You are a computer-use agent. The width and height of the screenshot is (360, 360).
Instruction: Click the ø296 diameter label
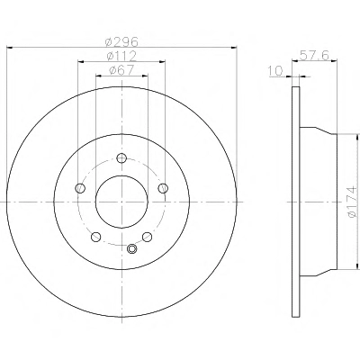pyautogui.click(x=121, y=41)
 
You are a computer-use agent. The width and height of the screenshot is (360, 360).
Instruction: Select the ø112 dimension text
pyautogui.click(x=121, y=56)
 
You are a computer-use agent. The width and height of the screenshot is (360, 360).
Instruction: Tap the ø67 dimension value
pyautogui.click(x=121, y=70)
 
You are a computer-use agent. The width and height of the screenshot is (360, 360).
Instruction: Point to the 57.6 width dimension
pyautogui.click(x=315, y=55)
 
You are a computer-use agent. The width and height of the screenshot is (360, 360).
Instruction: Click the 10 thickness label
pyautogui.click(x=275, y=71)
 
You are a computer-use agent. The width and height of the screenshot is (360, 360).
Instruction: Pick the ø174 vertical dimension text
pyautogui.click(x=352, y=201)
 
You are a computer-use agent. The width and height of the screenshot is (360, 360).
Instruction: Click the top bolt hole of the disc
pyautogui.click(x=121, y=158)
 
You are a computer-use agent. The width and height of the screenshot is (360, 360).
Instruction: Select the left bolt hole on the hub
pyautogui.click(x=80, y=188)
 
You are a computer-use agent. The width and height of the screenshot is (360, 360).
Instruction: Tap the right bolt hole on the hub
pyautogui.click(x=163, y=188)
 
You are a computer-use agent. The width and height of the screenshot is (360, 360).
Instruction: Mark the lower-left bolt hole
pyautogui.click(x=95, y=237)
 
